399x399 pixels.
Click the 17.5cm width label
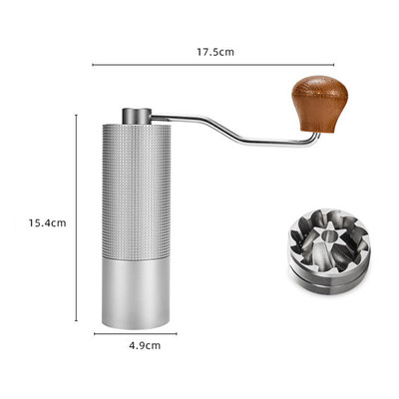click(215, 52)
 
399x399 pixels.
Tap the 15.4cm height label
click(47, 222)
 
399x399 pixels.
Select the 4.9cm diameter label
click(145, 346)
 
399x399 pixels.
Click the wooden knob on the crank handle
click(320, 104)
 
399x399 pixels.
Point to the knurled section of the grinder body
click(137, 192)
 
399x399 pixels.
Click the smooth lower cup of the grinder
click(136, 293)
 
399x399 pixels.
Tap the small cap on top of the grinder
click(137, 116)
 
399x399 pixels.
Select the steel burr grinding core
click(328, 251)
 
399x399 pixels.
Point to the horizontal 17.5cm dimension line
click(213, 65)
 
